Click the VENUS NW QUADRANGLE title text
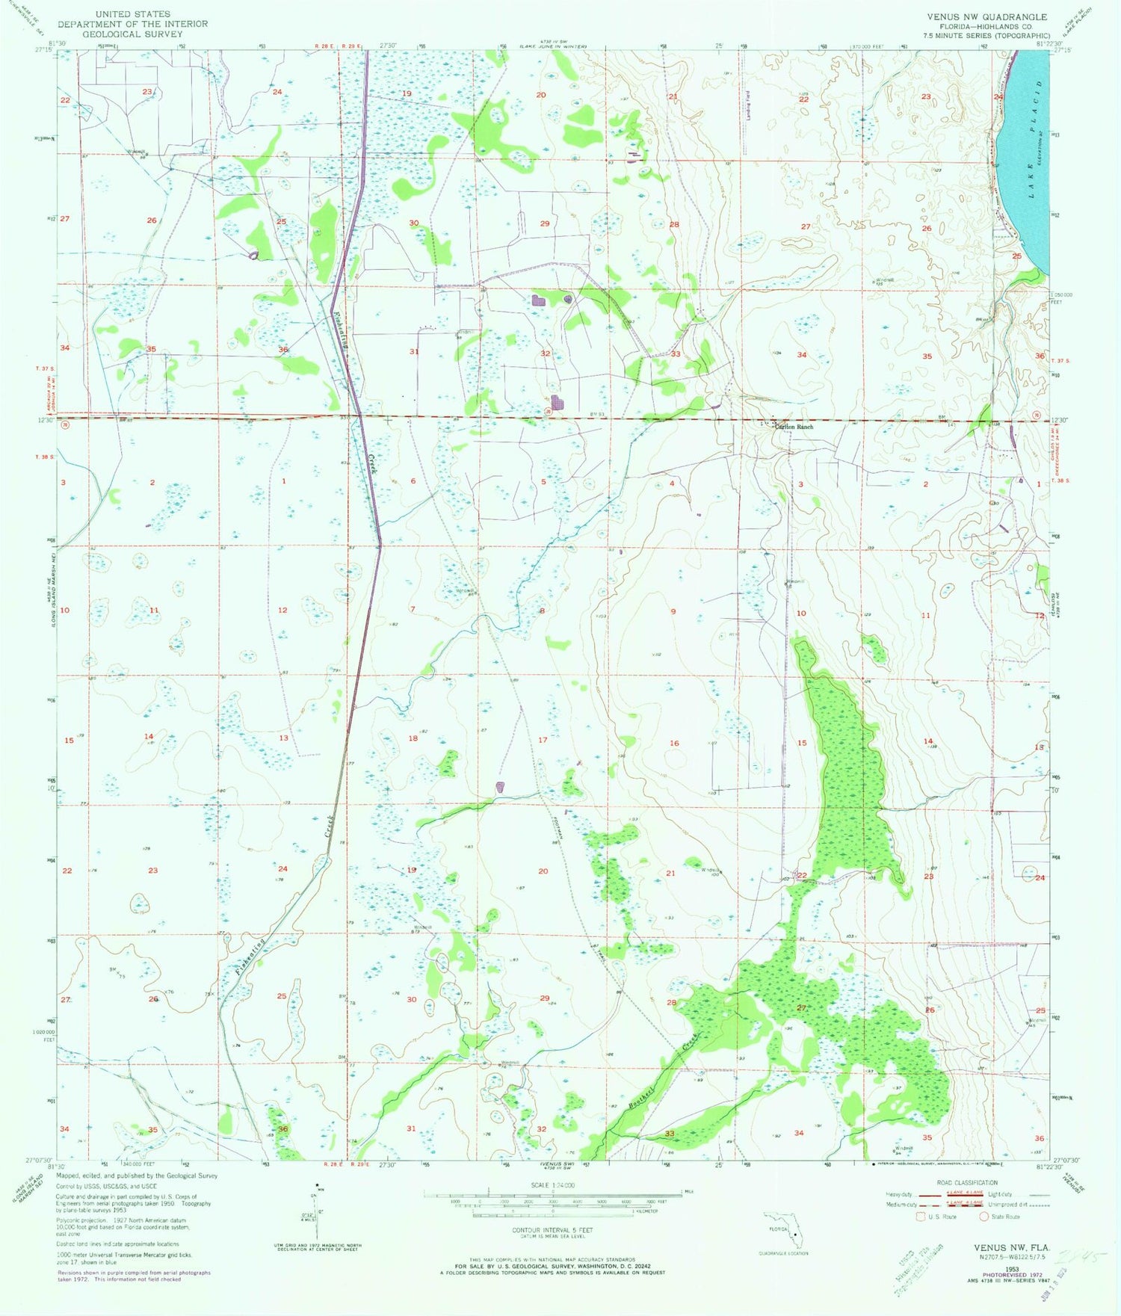(x=986, y=16)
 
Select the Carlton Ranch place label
(x=793, y=427)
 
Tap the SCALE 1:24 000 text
(x=552, y=1186)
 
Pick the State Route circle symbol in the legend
(x=984, y=1216)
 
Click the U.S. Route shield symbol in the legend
(x=921, y=1216)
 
